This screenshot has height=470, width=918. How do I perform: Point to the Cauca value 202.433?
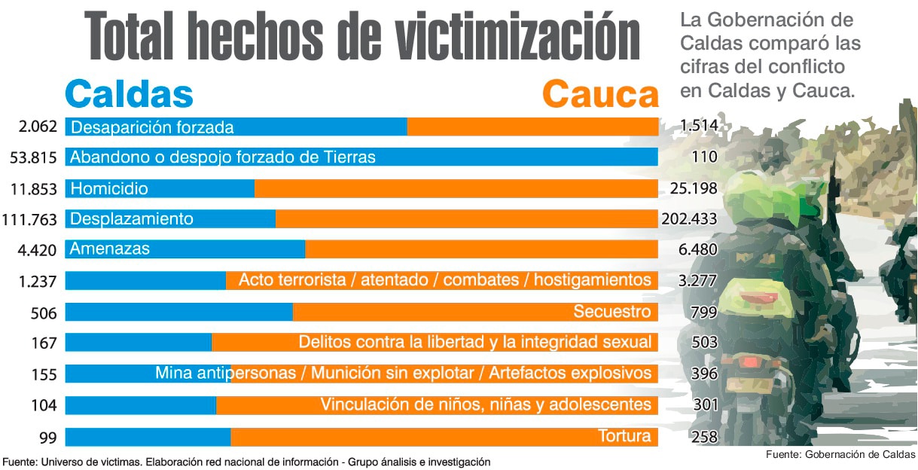pos(688,219)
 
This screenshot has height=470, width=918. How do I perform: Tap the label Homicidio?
pos(109,188)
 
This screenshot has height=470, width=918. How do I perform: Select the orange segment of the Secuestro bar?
pos(429,312)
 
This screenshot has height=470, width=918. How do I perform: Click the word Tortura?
pos(624,436)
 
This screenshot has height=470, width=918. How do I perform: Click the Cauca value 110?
pos(704,157)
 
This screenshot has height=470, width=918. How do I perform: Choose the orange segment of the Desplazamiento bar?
pos(467,219)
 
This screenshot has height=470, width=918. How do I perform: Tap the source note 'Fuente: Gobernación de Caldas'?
pos(840,454)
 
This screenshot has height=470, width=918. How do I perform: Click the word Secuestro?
pos(611,312)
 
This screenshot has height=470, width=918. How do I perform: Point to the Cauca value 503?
pos(705,343)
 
